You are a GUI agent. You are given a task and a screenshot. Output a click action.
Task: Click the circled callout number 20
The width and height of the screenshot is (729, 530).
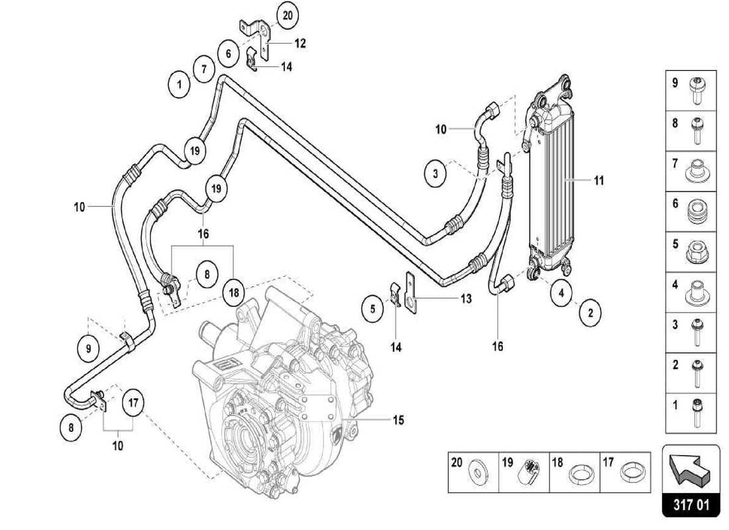click(x=287, y=15)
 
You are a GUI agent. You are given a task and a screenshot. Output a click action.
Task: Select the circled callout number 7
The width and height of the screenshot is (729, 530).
click(x=204, y=68)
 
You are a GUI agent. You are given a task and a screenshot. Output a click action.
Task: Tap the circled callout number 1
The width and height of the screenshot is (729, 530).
click(x=178, y=85)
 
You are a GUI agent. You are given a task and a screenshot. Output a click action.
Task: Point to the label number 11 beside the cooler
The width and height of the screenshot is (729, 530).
click(x=598, y=180)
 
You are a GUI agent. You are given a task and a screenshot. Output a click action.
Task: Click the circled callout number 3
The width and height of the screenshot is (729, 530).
click(x=435, y=174)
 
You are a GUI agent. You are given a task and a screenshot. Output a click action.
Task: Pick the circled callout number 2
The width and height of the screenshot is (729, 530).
click(x=590, y=313)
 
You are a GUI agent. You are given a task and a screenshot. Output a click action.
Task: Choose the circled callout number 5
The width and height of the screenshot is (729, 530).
click(x=373, y=308)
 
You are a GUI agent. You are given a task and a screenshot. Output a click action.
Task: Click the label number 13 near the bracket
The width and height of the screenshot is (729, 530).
click(x=466, y=299)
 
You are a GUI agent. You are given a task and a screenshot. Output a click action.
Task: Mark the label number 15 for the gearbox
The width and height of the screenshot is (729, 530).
click(x=398, y=419)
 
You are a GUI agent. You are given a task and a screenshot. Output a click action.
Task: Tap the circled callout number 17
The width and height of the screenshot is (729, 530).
click(x=133, y=402)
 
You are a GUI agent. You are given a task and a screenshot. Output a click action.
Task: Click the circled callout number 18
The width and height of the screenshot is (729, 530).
click(x=233, y=292)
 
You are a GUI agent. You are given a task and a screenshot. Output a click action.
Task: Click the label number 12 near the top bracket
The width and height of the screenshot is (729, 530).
click(x=300, y=43)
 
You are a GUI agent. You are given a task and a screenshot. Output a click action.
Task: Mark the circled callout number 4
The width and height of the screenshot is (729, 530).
click(x=561, y=292)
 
